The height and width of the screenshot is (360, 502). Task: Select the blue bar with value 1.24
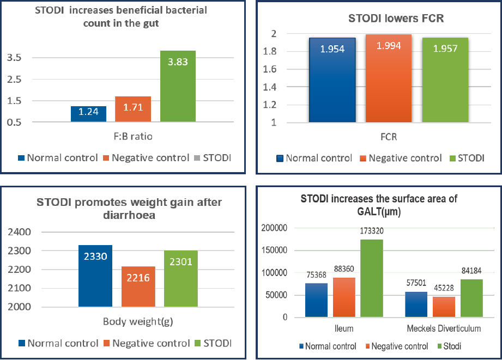point(88,114)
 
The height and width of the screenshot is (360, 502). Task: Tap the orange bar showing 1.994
point(389,79)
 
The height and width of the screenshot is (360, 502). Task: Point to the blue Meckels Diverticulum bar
point(416,304)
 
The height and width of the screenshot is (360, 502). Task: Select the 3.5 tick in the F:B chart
point(15,58)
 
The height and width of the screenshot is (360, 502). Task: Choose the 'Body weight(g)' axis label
point(138,321)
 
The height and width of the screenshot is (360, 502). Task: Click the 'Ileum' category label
point(344,328)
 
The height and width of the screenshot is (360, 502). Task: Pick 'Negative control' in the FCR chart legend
point(405,158)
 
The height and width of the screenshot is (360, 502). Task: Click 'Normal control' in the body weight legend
point(62,344)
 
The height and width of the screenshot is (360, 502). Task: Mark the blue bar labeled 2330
point(95,276)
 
